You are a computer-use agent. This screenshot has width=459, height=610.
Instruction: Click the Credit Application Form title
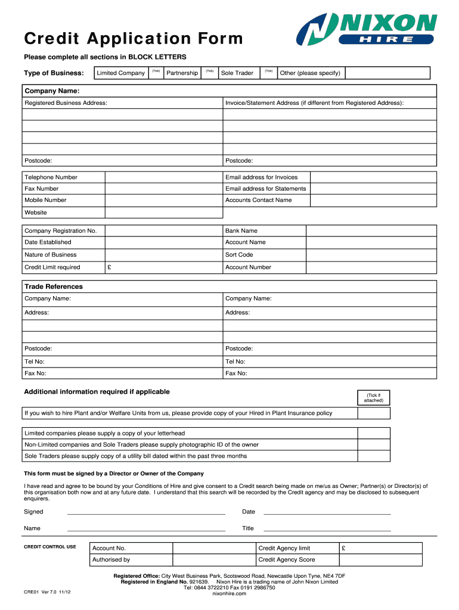(134, 39)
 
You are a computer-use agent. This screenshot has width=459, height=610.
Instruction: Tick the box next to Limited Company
(155, 73)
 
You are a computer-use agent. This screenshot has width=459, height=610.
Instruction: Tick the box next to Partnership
(209, 73)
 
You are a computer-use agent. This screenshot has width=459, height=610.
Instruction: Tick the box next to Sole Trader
(268, 73)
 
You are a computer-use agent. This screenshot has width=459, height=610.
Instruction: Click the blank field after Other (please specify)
(387, 73)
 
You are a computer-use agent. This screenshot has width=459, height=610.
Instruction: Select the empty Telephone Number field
(163, 178)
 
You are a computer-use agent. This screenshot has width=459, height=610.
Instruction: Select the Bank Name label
(241, 231)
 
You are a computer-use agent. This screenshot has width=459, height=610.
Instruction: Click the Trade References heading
(54, 287)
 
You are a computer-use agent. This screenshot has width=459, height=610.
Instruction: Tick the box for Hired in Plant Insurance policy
(373, 413)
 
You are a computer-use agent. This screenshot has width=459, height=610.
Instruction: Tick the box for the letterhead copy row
(373, 434)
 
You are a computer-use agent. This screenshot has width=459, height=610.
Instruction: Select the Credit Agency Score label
(287, 560)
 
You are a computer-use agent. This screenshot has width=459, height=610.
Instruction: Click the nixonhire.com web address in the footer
(229, 593)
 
